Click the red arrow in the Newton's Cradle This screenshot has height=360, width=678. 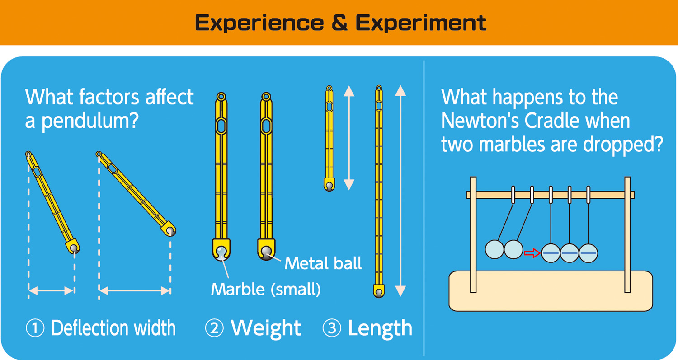532,253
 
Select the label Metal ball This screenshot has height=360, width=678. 323,263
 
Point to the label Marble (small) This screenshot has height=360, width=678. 266,290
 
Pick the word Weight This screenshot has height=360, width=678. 266,328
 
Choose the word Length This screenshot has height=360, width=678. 380,328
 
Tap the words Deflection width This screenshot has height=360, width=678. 113,328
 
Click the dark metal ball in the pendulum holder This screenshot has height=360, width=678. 267,252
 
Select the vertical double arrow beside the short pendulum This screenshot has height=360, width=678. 349,138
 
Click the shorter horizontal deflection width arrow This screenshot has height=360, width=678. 51,291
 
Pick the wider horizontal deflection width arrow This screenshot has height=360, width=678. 135,291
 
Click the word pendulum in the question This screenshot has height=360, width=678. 89,122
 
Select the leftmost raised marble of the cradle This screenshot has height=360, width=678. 494,249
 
